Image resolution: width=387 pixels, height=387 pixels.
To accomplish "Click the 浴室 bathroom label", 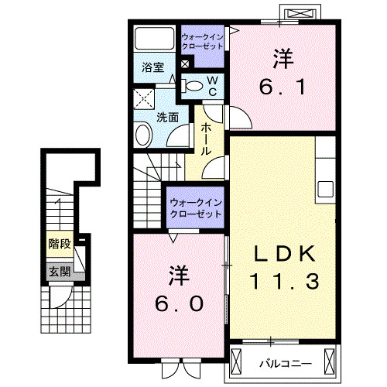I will [x=152, y=67].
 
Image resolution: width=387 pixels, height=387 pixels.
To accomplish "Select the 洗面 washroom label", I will [x=167, y=117].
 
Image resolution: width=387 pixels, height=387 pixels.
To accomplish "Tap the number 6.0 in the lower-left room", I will [x=178, y=303].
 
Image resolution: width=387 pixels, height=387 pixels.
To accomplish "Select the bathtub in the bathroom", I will [x=153, y=39].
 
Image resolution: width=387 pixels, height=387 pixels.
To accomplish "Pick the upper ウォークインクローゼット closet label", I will [x=203, y=41].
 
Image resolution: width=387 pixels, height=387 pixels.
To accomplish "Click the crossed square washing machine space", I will [x=144, y=99].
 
